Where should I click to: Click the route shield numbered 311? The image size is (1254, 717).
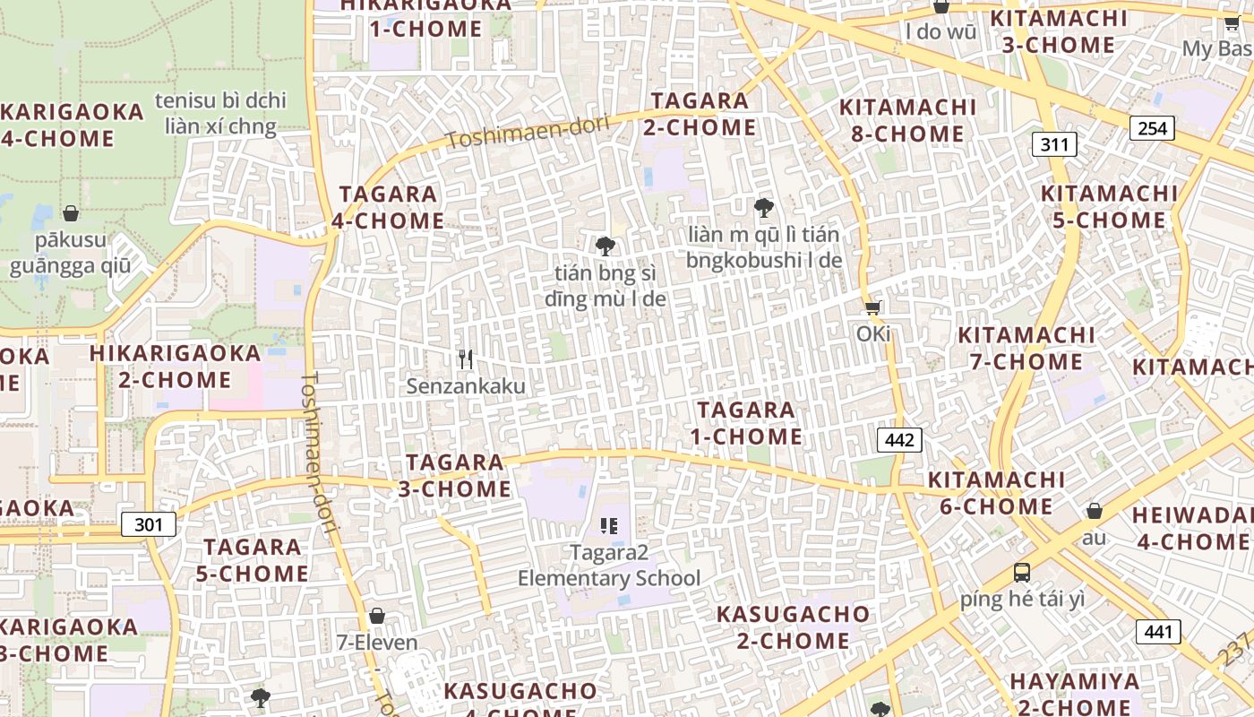click(x=1054, y=143)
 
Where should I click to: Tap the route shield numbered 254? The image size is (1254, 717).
click(x=1152, y=128)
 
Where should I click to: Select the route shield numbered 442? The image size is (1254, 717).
click(x=899, y=440)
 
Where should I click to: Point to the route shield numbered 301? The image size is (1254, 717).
click(x=149, y=524)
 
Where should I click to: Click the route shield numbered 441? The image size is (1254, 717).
click(x=1158, y=632)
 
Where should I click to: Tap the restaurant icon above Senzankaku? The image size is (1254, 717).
click(x=465, y=359)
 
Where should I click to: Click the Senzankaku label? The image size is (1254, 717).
click(x=466, y=386)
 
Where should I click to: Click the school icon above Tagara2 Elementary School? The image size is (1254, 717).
click(x=609, y=526)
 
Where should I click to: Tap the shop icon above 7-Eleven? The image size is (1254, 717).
click(x=377, y=616)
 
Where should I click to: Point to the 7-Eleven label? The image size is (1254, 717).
click(x=377, y=643)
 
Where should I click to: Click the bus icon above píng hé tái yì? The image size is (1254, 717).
click(x=1022, y=573)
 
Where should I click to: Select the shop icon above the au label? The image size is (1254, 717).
click(x=1094, y=512)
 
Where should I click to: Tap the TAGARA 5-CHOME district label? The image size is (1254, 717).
click(x=253, y=560)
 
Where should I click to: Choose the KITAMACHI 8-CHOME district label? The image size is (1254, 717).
click(x=906, y=120)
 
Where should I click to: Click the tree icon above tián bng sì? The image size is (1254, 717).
click(x=606, y=246)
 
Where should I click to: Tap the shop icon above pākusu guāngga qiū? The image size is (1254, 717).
click(x=71, y=213)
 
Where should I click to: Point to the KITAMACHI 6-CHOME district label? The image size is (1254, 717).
click(x=996, y=493)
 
